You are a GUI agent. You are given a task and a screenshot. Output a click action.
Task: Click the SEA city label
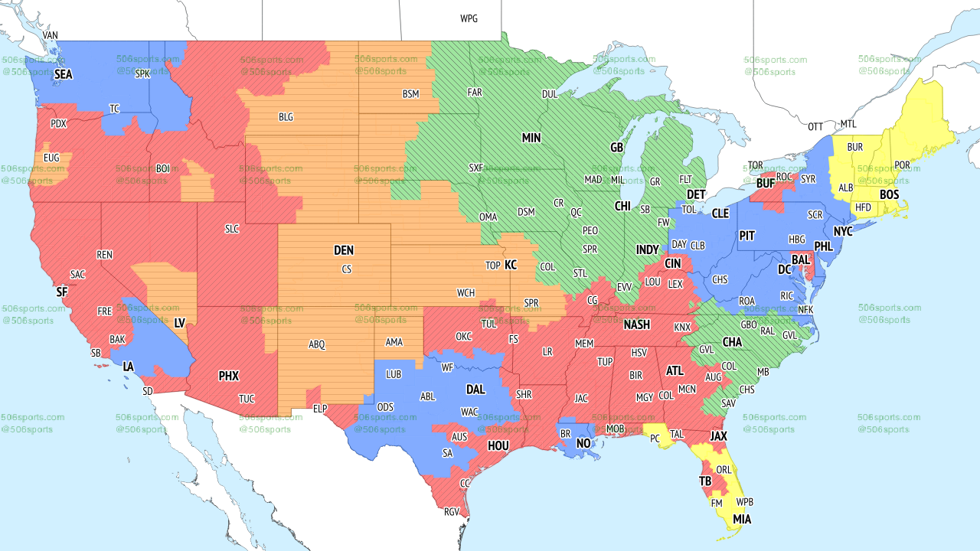point(63,74)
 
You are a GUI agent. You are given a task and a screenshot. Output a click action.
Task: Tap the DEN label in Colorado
point(344,250)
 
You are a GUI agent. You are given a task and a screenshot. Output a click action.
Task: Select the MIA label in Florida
point(741,519)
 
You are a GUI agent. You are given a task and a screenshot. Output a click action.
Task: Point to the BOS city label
point(889,195)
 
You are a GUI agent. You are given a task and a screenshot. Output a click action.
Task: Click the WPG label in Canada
point(469,18)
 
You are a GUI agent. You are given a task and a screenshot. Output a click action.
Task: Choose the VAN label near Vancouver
point(51,35)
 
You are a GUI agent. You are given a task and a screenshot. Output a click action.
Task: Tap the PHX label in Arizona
point(228,376)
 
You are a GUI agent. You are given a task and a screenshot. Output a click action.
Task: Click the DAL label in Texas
point(475,390)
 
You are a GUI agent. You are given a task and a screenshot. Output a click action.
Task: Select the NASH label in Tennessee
point(636,324)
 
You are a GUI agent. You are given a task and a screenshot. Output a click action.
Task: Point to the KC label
point(511,265)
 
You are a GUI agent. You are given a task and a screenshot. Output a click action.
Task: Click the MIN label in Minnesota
point(531,138)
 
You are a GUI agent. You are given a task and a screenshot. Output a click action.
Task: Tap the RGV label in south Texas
point(452,511)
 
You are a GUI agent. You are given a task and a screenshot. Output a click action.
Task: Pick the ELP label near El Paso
point(320,409)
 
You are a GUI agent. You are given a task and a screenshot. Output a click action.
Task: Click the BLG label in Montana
point(286,117)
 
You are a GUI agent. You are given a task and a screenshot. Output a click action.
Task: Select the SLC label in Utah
point(232,228)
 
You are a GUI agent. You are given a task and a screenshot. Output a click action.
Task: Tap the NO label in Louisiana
point(583,443)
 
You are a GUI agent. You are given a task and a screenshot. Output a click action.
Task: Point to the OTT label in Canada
point(816,126)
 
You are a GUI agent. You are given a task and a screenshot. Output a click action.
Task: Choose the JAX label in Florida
point(718,436)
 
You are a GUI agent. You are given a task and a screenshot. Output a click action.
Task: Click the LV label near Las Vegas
point(180,324)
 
